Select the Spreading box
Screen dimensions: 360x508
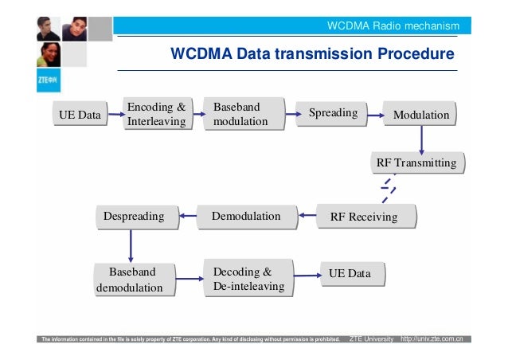[333, 113]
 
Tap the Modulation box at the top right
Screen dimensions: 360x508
[421, 115]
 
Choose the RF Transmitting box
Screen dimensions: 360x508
[416, 163]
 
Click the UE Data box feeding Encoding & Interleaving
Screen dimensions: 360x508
[80, 115]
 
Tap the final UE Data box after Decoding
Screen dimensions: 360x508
[350, 273]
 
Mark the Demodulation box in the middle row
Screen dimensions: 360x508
[246, 216]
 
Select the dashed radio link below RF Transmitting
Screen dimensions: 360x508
[389, 190]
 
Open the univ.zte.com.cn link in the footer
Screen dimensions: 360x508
[436, 339]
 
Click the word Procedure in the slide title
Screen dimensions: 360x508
[412, 54]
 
